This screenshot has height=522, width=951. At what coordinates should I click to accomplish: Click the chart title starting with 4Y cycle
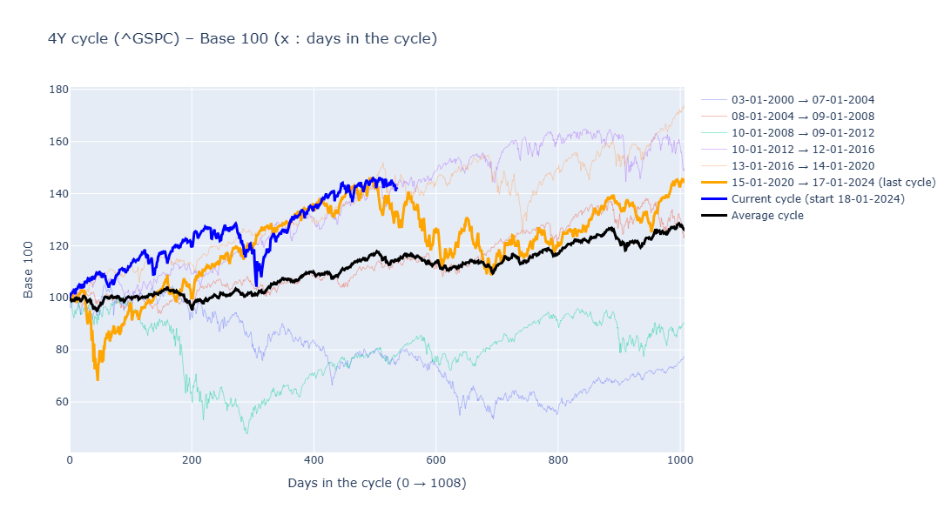pos(242,39)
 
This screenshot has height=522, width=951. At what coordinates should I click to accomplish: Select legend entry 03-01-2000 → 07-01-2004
pos(802,100)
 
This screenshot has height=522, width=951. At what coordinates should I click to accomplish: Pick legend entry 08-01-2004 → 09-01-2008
pos(802,117)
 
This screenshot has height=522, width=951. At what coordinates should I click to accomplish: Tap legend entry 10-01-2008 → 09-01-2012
pos(802,133)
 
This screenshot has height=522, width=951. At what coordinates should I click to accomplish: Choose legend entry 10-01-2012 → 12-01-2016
pos(802,150)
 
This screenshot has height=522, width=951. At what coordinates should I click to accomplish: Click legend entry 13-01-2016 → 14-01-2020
pos(802,166)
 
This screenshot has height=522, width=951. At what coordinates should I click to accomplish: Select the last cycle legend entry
pos(833,183)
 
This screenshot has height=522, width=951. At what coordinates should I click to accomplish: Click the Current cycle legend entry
pos(817,199)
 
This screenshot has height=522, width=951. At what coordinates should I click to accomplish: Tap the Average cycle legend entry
pos(766,216)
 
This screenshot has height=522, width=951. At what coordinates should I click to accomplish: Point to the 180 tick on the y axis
pos(59,90)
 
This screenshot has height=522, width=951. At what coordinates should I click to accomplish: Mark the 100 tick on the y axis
pos(59,298)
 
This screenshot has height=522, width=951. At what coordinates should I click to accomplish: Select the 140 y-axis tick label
pos(59,193)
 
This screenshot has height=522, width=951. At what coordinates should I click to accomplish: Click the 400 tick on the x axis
pos(314,460)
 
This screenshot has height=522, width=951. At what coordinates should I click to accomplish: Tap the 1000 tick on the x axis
pos(678,460)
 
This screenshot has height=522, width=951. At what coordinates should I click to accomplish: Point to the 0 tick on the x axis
pos(71,460)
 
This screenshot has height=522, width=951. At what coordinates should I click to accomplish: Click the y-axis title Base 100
pos(29,270)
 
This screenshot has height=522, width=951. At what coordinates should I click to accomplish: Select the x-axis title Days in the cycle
pos(377,483)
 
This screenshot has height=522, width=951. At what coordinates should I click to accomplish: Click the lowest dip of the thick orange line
pos(98,379)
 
